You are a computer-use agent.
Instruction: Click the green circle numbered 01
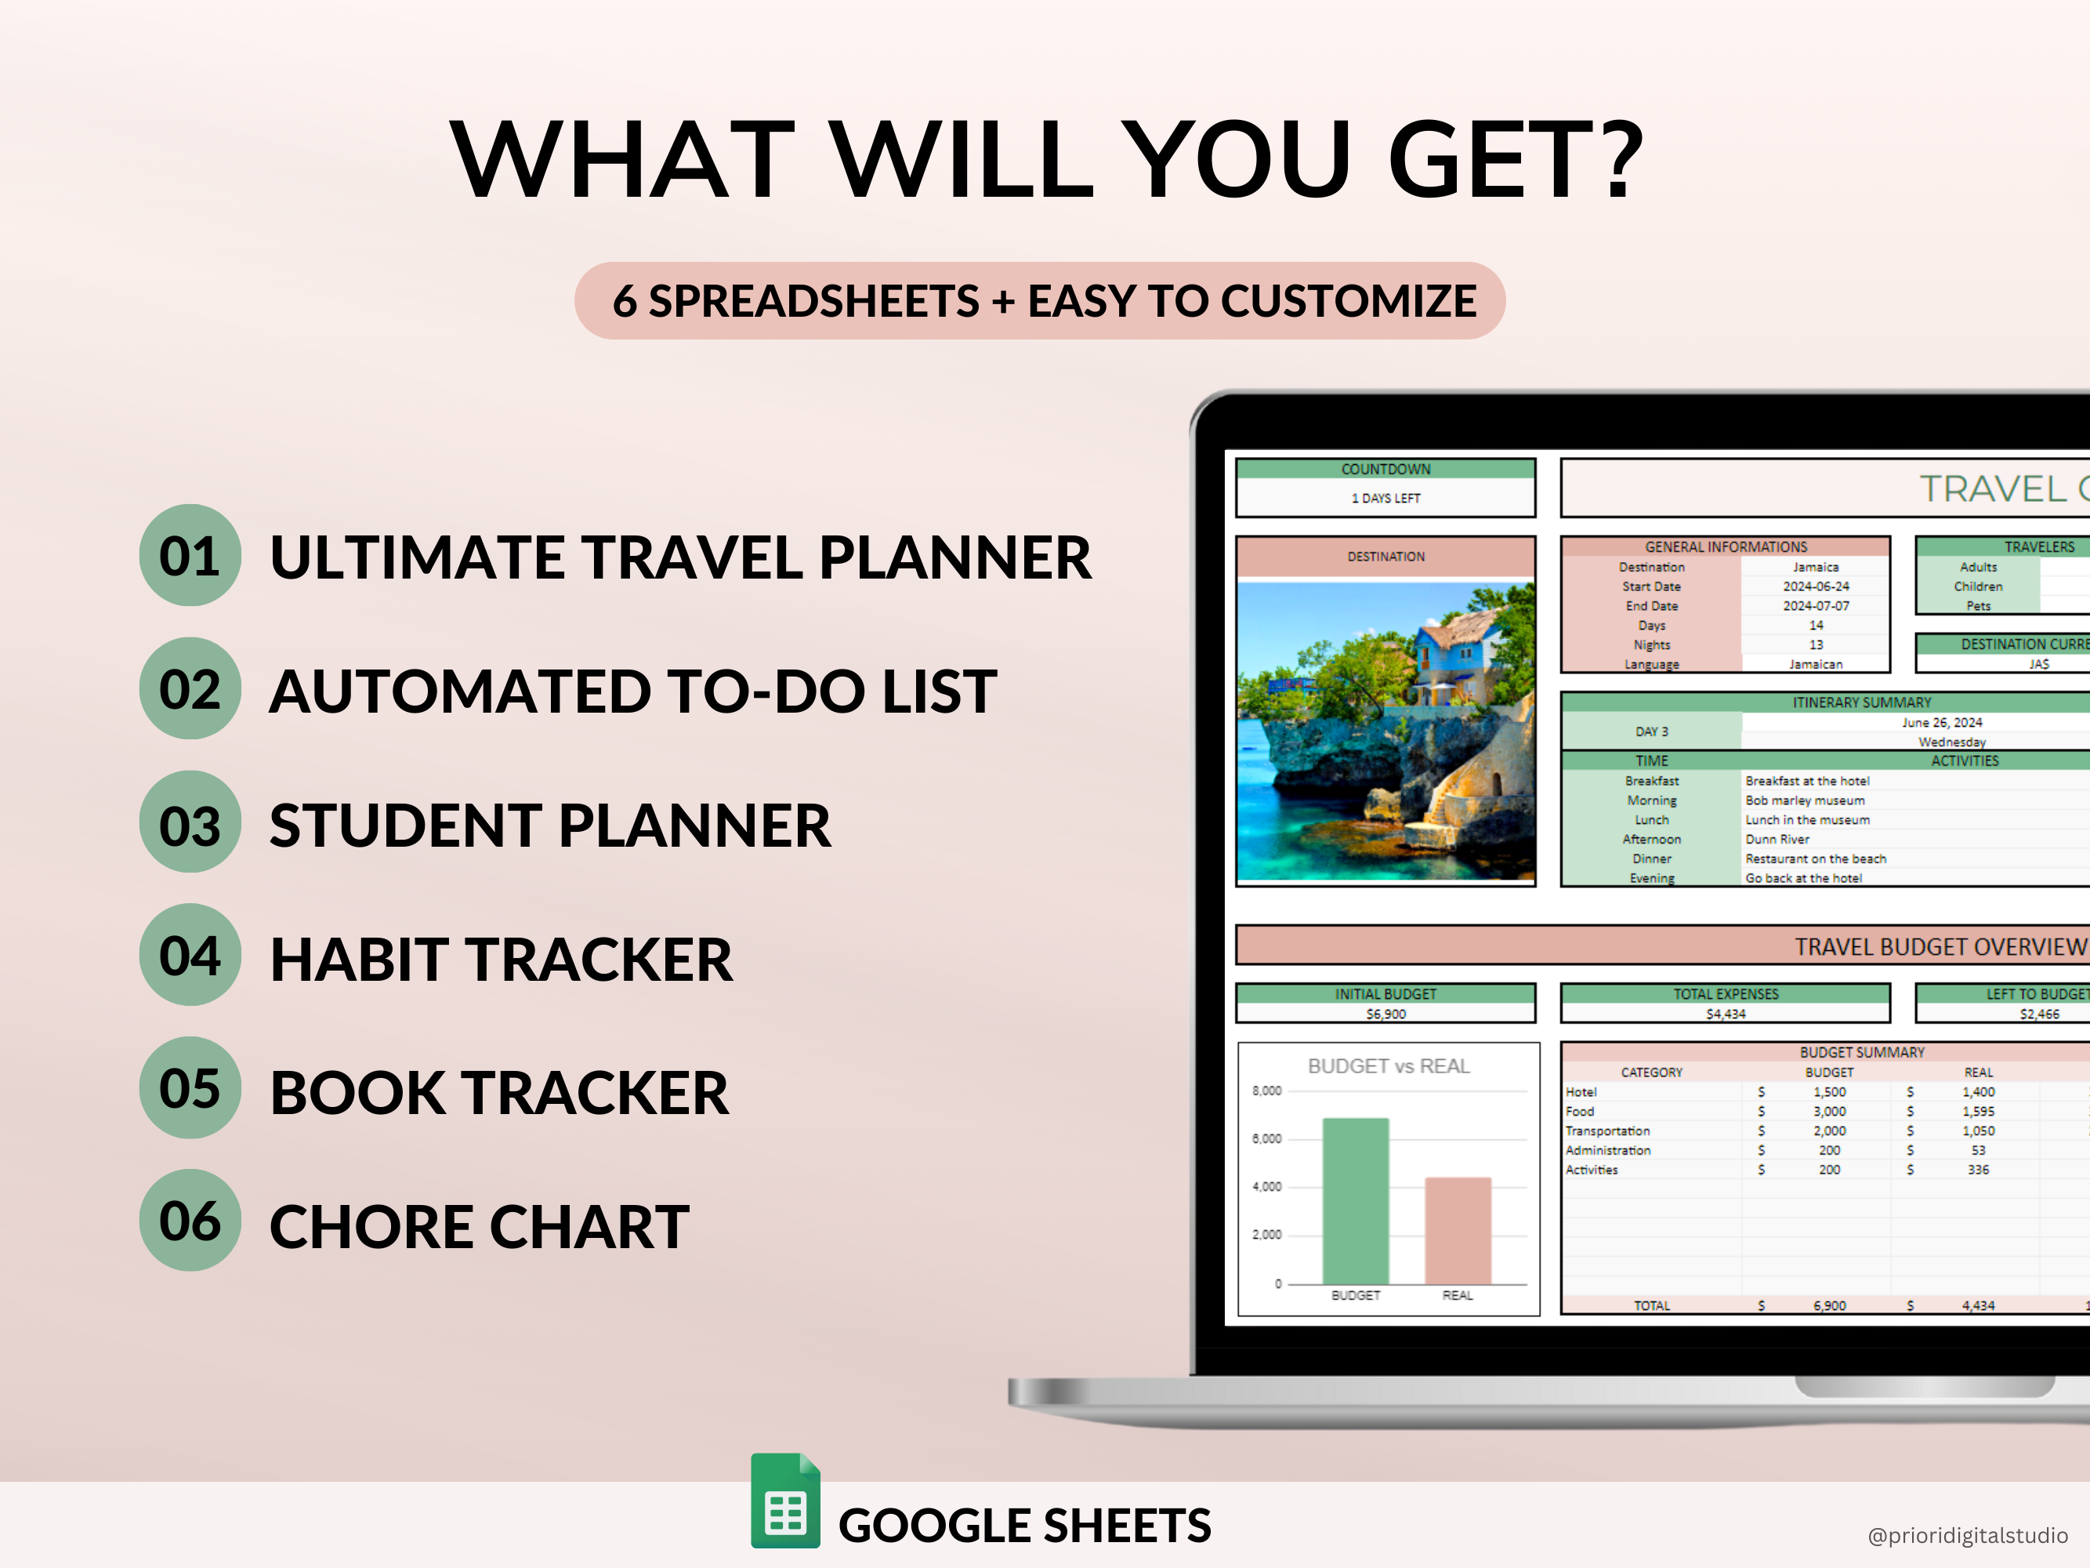(x=190, y=555)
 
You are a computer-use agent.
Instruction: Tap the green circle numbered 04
(x=190, y=955)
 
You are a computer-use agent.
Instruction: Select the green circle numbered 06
(x=190, y=1220)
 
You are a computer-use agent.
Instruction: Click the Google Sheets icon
(x=785, y=1500)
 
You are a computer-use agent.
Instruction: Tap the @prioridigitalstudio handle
(x=1967, y=1536)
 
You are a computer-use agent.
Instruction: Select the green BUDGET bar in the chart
(x=1356, y=1200)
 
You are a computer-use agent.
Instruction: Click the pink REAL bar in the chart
(x=1458, y=1231)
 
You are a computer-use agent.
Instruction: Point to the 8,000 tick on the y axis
(x=1267, y=1091)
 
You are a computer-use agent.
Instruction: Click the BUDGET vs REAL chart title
(x=1389, y=1066)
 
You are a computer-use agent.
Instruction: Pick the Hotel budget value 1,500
(x=1829, y=1091)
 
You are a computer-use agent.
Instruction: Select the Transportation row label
(x=1607, y=1131)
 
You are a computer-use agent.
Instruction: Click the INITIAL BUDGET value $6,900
(x=1386, y=1014)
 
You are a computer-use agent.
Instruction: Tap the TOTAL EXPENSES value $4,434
(x=1726, y=1014)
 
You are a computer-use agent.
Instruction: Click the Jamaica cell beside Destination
(x=1816, y=567)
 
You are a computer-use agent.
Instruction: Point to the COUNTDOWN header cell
(x=1386, y=469)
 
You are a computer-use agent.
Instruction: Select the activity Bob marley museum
(x=1805, y=800)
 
